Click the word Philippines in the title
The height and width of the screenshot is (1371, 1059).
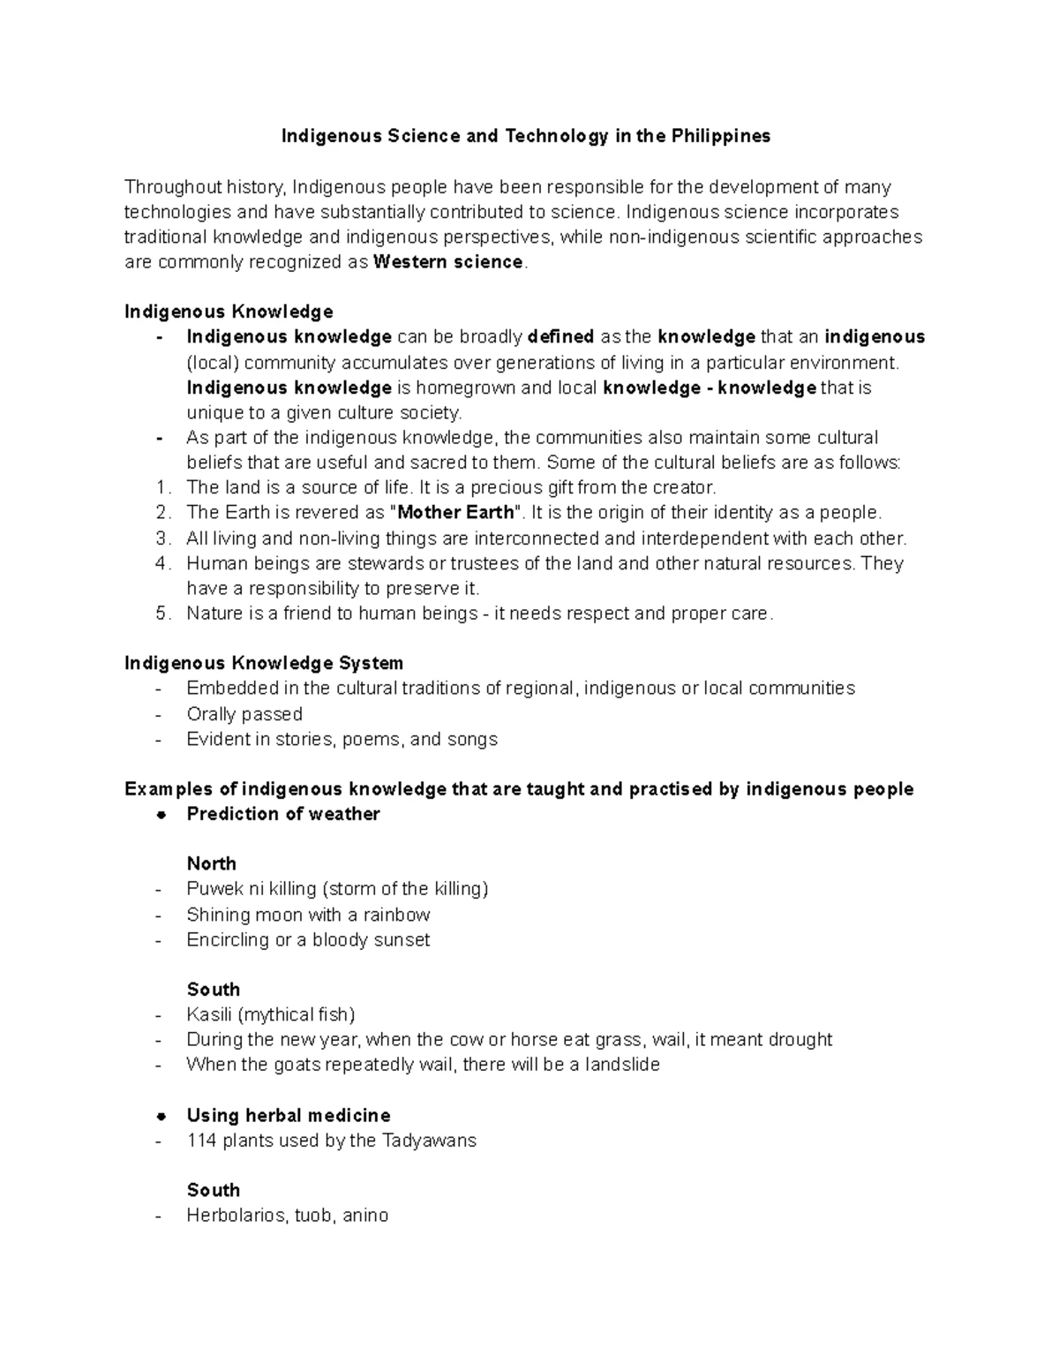[720, 136]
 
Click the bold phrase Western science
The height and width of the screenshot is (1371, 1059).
[448, 262]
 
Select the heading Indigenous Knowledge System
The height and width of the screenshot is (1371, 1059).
[264, 663]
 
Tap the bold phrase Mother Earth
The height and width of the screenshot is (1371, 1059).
[455, 513]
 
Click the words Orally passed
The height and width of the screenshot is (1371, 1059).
[244, 714]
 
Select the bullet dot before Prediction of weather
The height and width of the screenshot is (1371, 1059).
[161, 815]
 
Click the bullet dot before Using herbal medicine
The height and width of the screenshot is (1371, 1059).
[161, 1116]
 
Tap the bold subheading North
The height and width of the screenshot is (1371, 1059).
[212, 864]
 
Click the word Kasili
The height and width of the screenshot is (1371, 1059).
[208, 1014]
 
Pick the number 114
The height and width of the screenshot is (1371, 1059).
[202, 1141]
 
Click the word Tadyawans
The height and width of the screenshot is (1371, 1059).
[429, 1141]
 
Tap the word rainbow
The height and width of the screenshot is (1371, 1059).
[396, 915]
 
